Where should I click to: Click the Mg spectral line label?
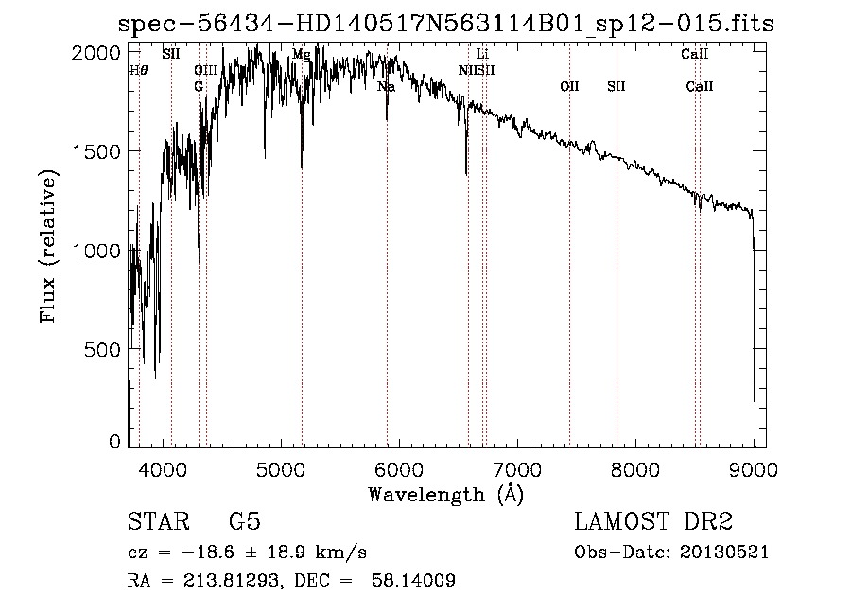(301, 54)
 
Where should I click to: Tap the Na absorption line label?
(386, 86)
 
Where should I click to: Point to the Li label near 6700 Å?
(482, 54)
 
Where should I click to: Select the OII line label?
(569, 86)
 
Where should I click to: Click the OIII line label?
(205, 70)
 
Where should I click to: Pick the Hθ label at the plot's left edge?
(138, 70)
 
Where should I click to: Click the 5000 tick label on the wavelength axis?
(280, 468)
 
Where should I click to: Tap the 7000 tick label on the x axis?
(516, 468)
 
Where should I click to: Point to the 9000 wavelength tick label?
(754, 468)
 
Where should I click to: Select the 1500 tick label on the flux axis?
(98, 151)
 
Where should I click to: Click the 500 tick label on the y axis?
(104, 349)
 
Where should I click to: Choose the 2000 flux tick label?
(98, 53)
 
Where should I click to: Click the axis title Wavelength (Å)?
(445, 494)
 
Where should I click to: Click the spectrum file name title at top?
(445, 24)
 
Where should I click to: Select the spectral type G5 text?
(245, 522)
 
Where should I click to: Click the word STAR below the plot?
(155, 522)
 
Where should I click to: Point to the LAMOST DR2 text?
(653, 522)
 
